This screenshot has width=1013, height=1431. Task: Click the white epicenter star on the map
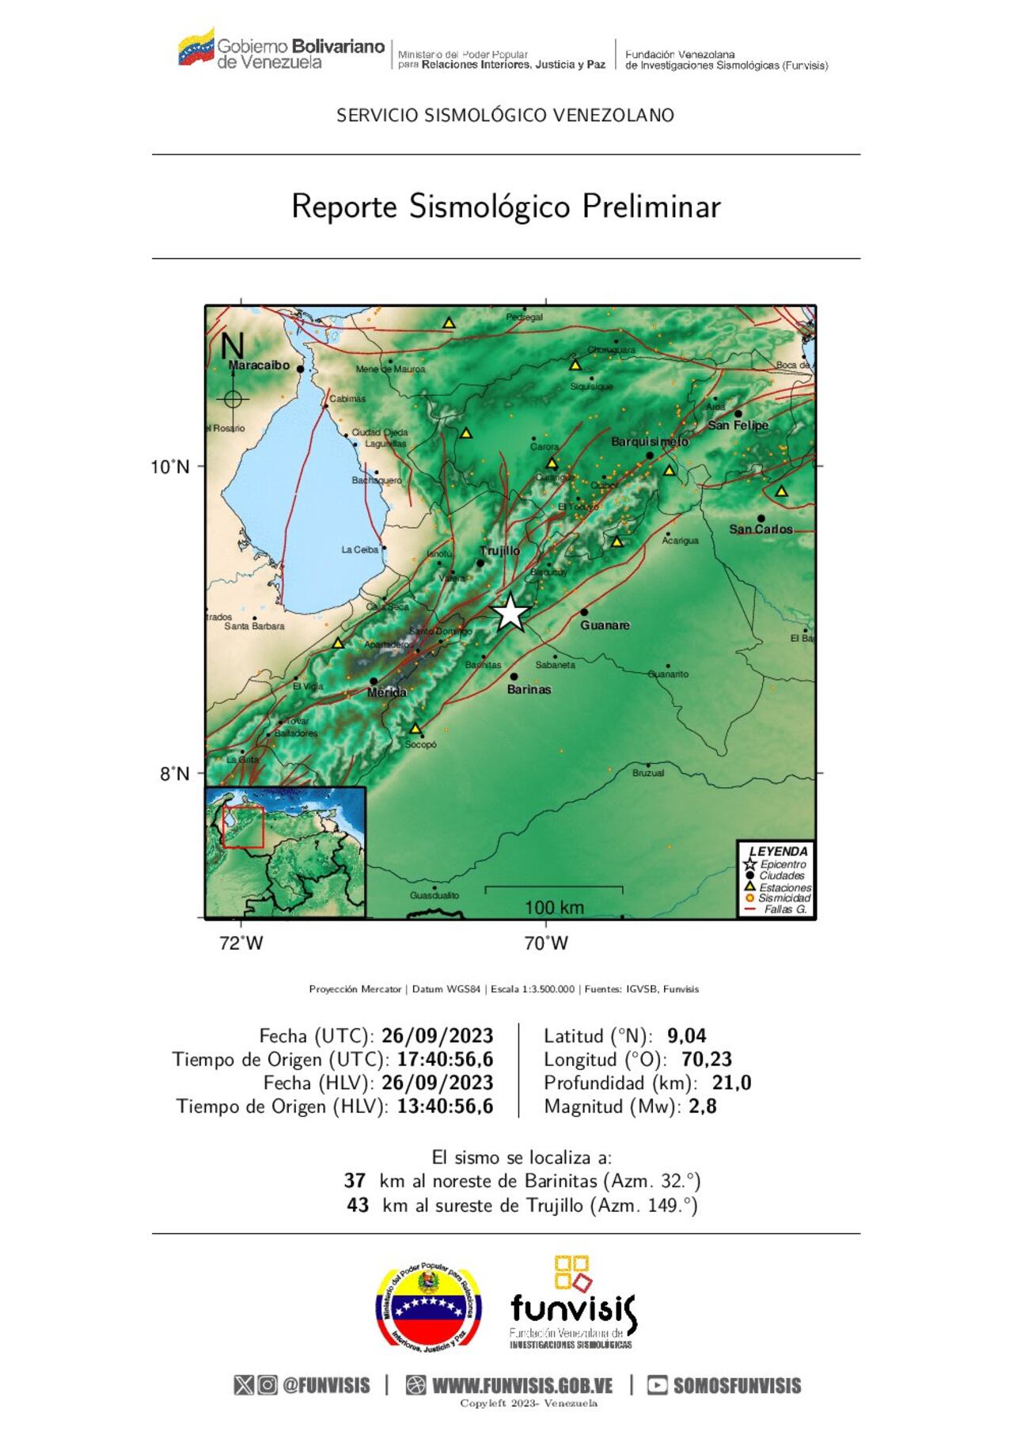click(511, 612)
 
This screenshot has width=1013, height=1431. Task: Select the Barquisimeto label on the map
click(649, 442)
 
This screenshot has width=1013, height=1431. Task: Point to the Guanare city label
click(605, 625)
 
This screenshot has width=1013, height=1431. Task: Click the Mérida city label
click(387, 693)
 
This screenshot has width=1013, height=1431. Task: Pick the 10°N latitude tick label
click(170, 467)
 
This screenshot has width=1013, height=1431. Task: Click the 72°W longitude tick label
click(241, 943)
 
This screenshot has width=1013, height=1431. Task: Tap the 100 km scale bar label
click(554, 907)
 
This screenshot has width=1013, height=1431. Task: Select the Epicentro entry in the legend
click(783, 864)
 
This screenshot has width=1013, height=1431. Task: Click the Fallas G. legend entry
click(785, 909)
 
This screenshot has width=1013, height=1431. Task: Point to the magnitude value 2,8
click(703, 1106)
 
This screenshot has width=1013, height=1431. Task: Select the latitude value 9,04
click(686, 1036)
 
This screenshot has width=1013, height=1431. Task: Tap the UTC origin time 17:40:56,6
click(445, 1060)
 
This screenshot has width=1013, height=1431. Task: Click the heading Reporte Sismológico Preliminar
click(506, 207)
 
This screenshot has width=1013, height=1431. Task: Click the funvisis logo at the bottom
click(572, 1304)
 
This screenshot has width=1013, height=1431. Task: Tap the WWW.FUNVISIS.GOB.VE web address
click(522, 1386)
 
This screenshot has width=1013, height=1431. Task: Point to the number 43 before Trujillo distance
click(358, 1205)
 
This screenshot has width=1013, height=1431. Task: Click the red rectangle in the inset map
click(243, 827)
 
